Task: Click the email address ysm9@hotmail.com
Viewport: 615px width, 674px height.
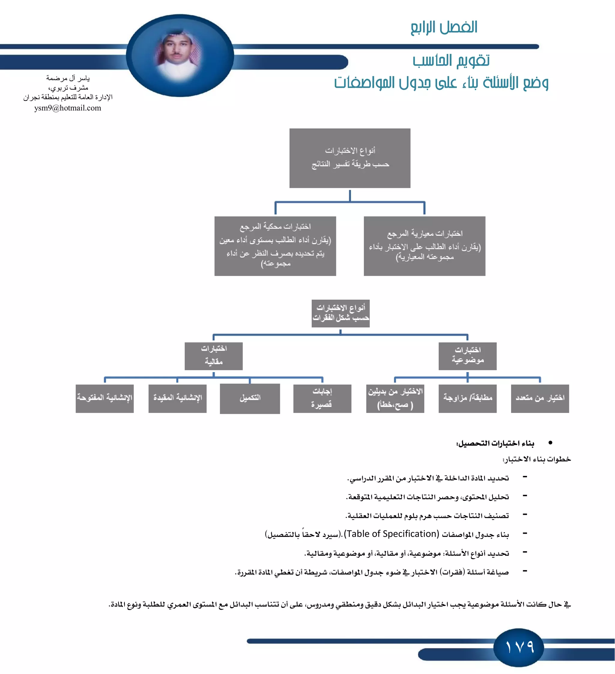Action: tap(68, 108)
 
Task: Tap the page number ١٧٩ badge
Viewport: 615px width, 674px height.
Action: tap(519, 647)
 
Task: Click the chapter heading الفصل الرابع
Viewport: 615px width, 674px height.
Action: tap(444, 27)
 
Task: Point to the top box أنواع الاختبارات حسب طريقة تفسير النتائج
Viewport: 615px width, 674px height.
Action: tap(350, 158)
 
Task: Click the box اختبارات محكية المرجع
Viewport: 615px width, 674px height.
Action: tap(275, 246)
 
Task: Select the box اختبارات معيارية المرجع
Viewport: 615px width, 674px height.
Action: tap(424, 246)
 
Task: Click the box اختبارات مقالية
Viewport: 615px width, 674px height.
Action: tap(214, 356)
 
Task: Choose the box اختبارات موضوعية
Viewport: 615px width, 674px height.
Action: tap(467, 356)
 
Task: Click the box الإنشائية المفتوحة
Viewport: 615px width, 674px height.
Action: tap(105, 398)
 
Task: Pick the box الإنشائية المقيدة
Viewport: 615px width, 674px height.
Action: tap(177, 398)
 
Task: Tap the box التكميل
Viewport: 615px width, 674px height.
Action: tap(250, 398)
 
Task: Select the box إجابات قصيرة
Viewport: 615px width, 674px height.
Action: tap(322, 398)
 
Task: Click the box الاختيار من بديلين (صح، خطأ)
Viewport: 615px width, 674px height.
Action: tap(395, 398)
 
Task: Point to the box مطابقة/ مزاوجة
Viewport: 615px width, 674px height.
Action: tap(467, 398)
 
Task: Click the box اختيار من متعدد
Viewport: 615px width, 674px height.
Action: tap(540, 398)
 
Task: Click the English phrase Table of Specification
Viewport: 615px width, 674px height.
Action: tap(392, 534)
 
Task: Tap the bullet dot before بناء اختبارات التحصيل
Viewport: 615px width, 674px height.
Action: tap(550, 443)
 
